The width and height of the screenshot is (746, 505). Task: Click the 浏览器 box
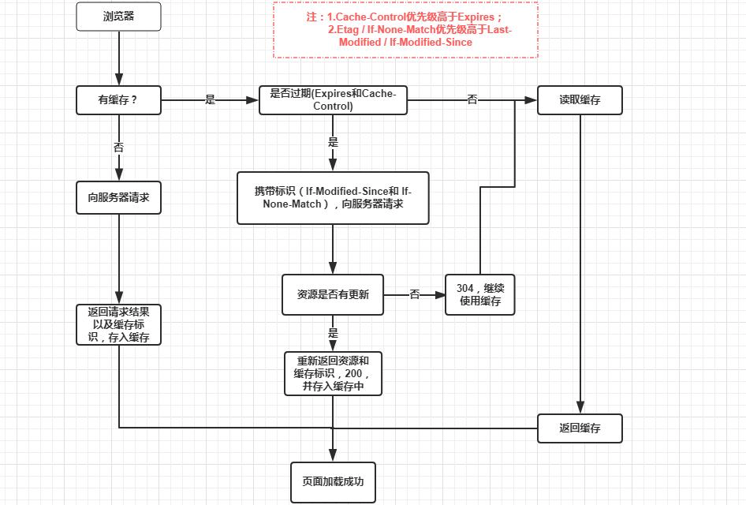tap(118, 17)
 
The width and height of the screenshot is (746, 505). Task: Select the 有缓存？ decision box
tap(118, 100)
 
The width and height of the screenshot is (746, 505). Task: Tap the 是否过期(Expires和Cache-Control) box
tap(333, 100)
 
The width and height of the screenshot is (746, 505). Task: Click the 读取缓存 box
tap(580, 100)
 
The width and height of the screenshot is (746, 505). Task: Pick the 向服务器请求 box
tap(118, 197)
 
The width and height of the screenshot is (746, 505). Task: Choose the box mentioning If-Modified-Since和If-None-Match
tap(333, 197)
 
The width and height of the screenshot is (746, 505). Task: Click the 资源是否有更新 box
tap(333, 294)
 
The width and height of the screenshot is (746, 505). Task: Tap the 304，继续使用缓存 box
tap(479, 294)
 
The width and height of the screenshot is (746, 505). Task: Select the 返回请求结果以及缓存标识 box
tap(118, 324)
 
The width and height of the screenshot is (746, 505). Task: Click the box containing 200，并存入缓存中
tap(333, 373)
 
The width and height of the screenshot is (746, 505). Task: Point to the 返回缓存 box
tap(580, 428)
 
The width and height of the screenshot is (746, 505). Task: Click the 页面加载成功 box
tap(333, 481)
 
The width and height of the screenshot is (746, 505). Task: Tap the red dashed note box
tap(405, 30)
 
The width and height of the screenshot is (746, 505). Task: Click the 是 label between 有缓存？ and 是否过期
tap(210, 100)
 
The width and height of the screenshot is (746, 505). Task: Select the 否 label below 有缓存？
tap(118, 147)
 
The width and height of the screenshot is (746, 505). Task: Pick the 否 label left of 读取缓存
tap(472, 100)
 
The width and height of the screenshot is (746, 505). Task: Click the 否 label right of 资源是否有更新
tap(415, 294)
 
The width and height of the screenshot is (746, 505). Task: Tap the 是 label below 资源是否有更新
tap(333, 333)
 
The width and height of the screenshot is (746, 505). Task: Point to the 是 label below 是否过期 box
tap(333, 143)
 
